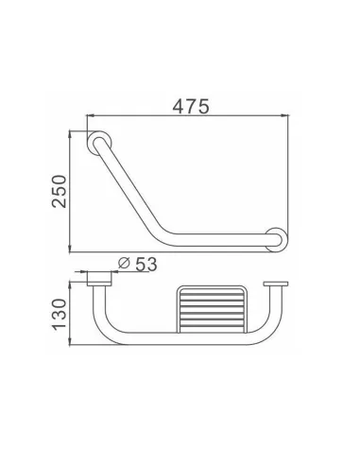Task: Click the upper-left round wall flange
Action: pos(97,144)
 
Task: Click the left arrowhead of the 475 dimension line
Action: pos(93,120)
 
